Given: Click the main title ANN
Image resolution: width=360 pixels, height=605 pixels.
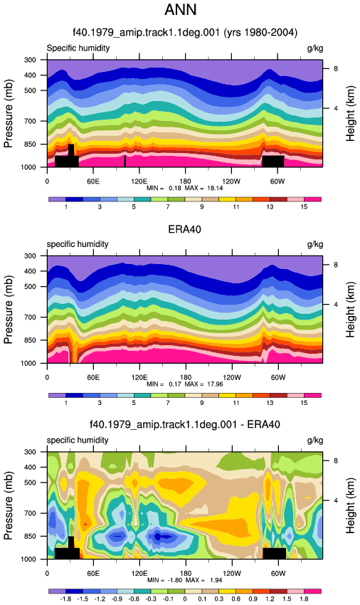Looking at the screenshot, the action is (x=181, y=10).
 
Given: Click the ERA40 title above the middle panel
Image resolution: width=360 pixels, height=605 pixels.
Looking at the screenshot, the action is (x=184, y=229).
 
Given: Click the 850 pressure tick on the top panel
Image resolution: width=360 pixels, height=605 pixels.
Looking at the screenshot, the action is (x=30, y=144).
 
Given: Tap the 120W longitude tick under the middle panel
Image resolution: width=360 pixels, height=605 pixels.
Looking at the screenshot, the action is (x=231, y=377).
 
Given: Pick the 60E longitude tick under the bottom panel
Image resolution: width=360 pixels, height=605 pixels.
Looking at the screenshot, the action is (x=93, y=574).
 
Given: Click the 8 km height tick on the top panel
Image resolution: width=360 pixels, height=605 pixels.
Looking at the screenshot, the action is (x=336, y=68).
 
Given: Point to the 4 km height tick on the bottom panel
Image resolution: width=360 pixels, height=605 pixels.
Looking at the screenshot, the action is (x=336, y=500).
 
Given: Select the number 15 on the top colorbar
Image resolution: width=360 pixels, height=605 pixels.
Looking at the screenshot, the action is (x=304, y=207).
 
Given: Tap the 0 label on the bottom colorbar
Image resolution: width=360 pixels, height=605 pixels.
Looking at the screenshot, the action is (x=185, y=599).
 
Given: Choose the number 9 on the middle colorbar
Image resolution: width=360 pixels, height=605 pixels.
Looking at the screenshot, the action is (x=202, y=403).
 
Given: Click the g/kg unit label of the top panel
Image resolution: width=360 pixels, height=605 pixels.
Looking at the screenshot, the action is (x=315, y=48).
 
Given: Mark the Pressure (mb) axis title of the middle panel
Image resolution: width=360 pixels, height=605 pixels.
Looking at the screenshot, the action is (x=9, y=310).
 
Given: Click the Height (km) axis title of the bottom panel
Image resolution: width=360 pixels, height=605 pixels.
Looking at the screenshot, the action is (x=350, y=505).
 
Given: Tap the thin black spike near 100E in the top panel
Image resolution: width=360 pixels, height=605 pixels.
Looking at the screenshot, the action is (x=125, y=162).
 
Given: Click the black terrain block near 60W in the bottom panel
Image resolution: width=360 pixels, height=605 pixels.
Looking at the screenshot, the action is (x=275, y=553).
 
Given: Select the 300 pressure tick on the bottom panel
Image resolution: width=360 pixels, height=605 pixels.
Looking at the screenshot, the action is (x=30, y=452).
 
